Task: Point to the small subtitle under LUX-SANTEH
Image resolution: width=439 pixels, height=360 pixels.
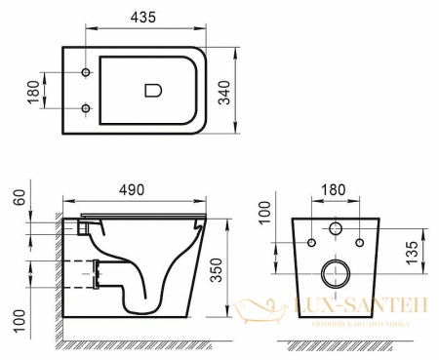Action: click(x=361, y=323)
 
